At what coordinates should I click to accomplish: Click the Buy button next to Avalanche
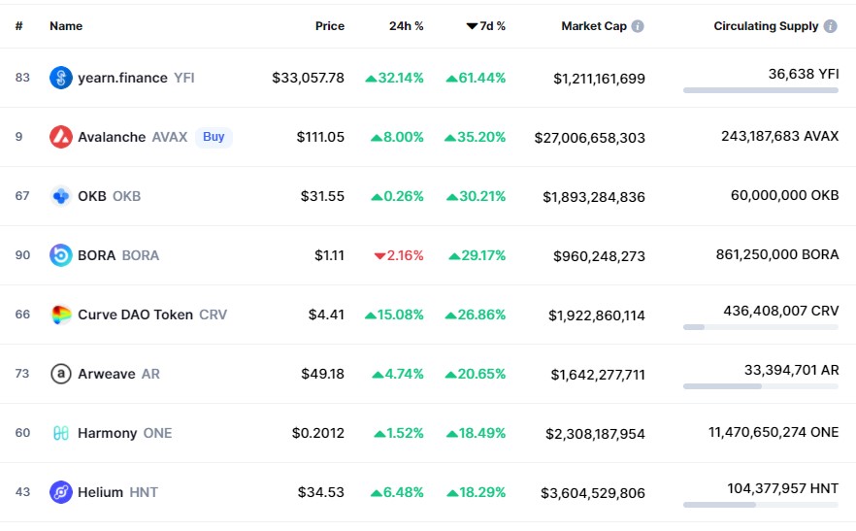pos(214,137)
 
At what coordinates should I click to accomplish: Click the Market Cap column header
pos(594,26)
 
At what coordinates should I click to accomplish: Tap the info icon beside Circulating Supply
pos(831,26)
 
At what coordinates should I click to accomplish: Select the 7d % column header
pos(486,26)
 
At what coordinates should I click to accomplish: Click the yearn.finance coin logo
pos(61,78)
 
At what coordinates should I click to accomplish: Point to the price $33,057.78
pos(308,78)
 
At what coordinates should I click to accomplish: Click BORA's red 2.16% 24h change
pos(399,255)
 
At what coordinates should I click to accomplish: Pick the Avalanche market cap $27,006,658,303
pos(590,138)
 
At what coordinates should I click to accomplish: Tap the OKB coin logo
pos(61,196)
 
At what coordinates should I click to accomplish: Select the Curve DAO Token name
pos(136,315)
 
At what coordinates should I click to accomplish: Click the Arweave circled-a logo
pos(61,374)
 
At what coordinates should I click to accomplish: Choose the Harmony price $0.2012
pos(318,433)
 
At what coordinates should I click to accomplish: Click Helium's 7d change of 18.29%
pos(476,492)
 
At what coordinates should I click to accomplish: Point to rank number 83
pos(22,78)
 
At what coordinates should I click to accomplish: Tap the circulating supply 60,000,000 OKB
pos(784,195)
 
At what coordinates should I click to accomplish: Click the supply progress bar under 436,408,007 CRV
pos(761,327)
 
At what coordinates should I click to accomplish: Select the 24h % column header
pos(406,26)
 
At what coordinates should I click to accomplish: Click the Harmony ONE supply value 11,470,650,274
pos(757,432)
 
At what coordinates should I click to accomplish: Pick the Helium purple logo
pos(61,492)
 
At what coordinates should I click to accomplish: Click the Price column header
pos(330,26)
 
